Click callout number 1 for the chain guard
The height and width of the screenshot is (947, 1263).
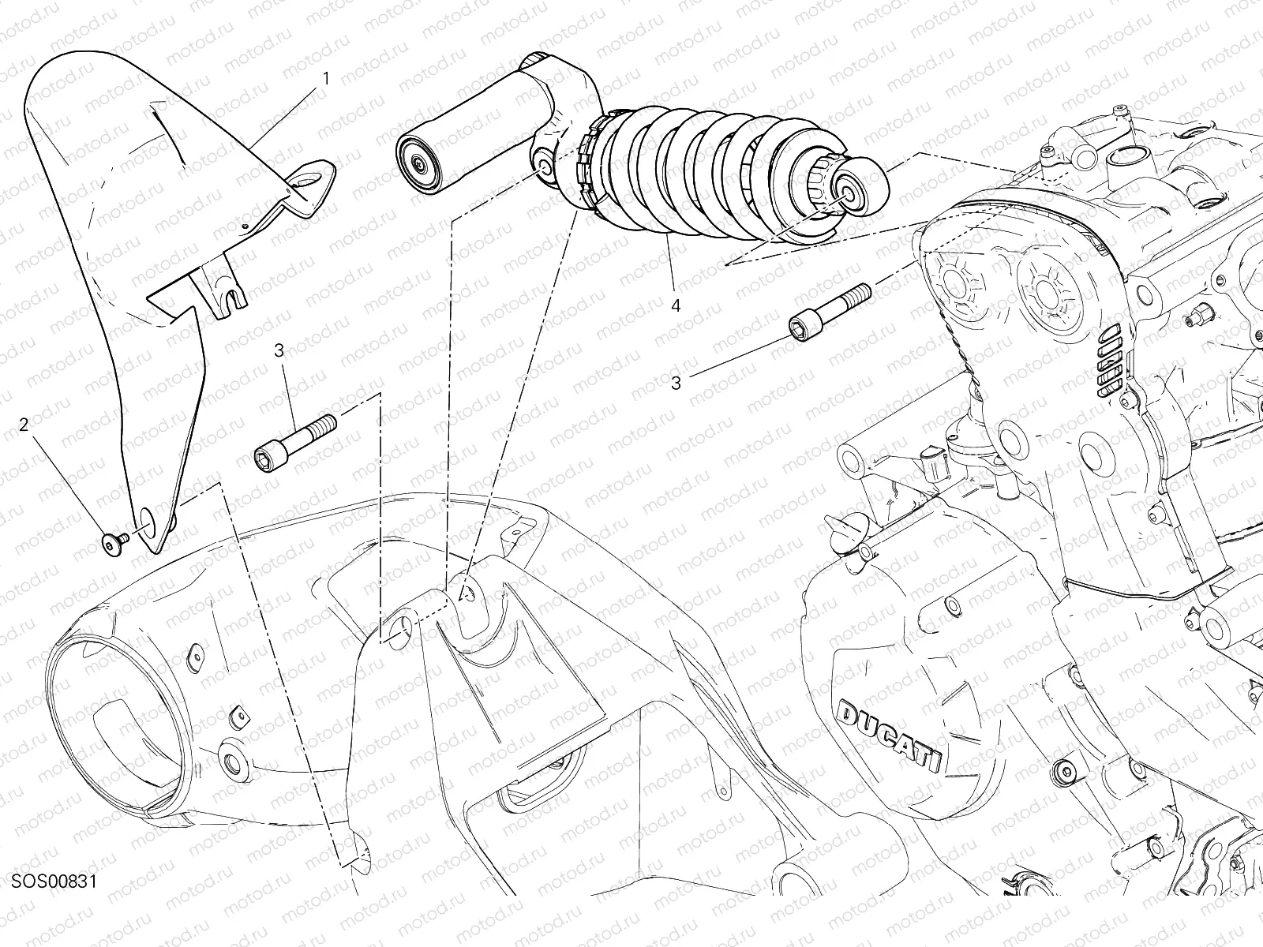(326, 79)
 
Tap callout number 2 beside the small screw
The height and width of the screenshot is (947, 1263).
(24, 425)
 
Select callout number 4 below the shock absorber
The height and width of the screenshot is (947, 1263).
(676, 305)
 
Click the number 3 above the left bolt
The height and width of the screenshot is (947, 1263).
(279, 350)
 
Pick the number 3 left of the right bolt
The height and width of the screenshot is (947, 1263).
(676, 383)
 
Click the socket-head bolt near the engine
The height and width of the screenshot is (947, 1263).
(829, 313)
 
